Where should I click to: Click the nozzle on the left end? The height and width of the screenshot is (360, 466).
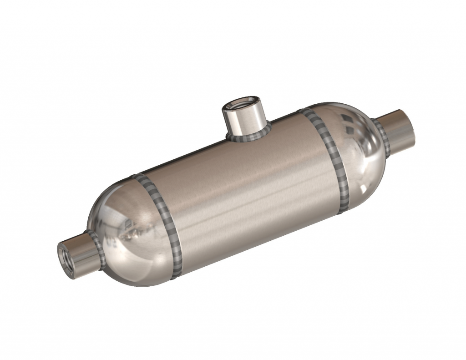(77, 254)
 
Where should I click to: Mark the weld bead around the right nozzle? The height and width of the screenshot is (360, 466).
(381, 137)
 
